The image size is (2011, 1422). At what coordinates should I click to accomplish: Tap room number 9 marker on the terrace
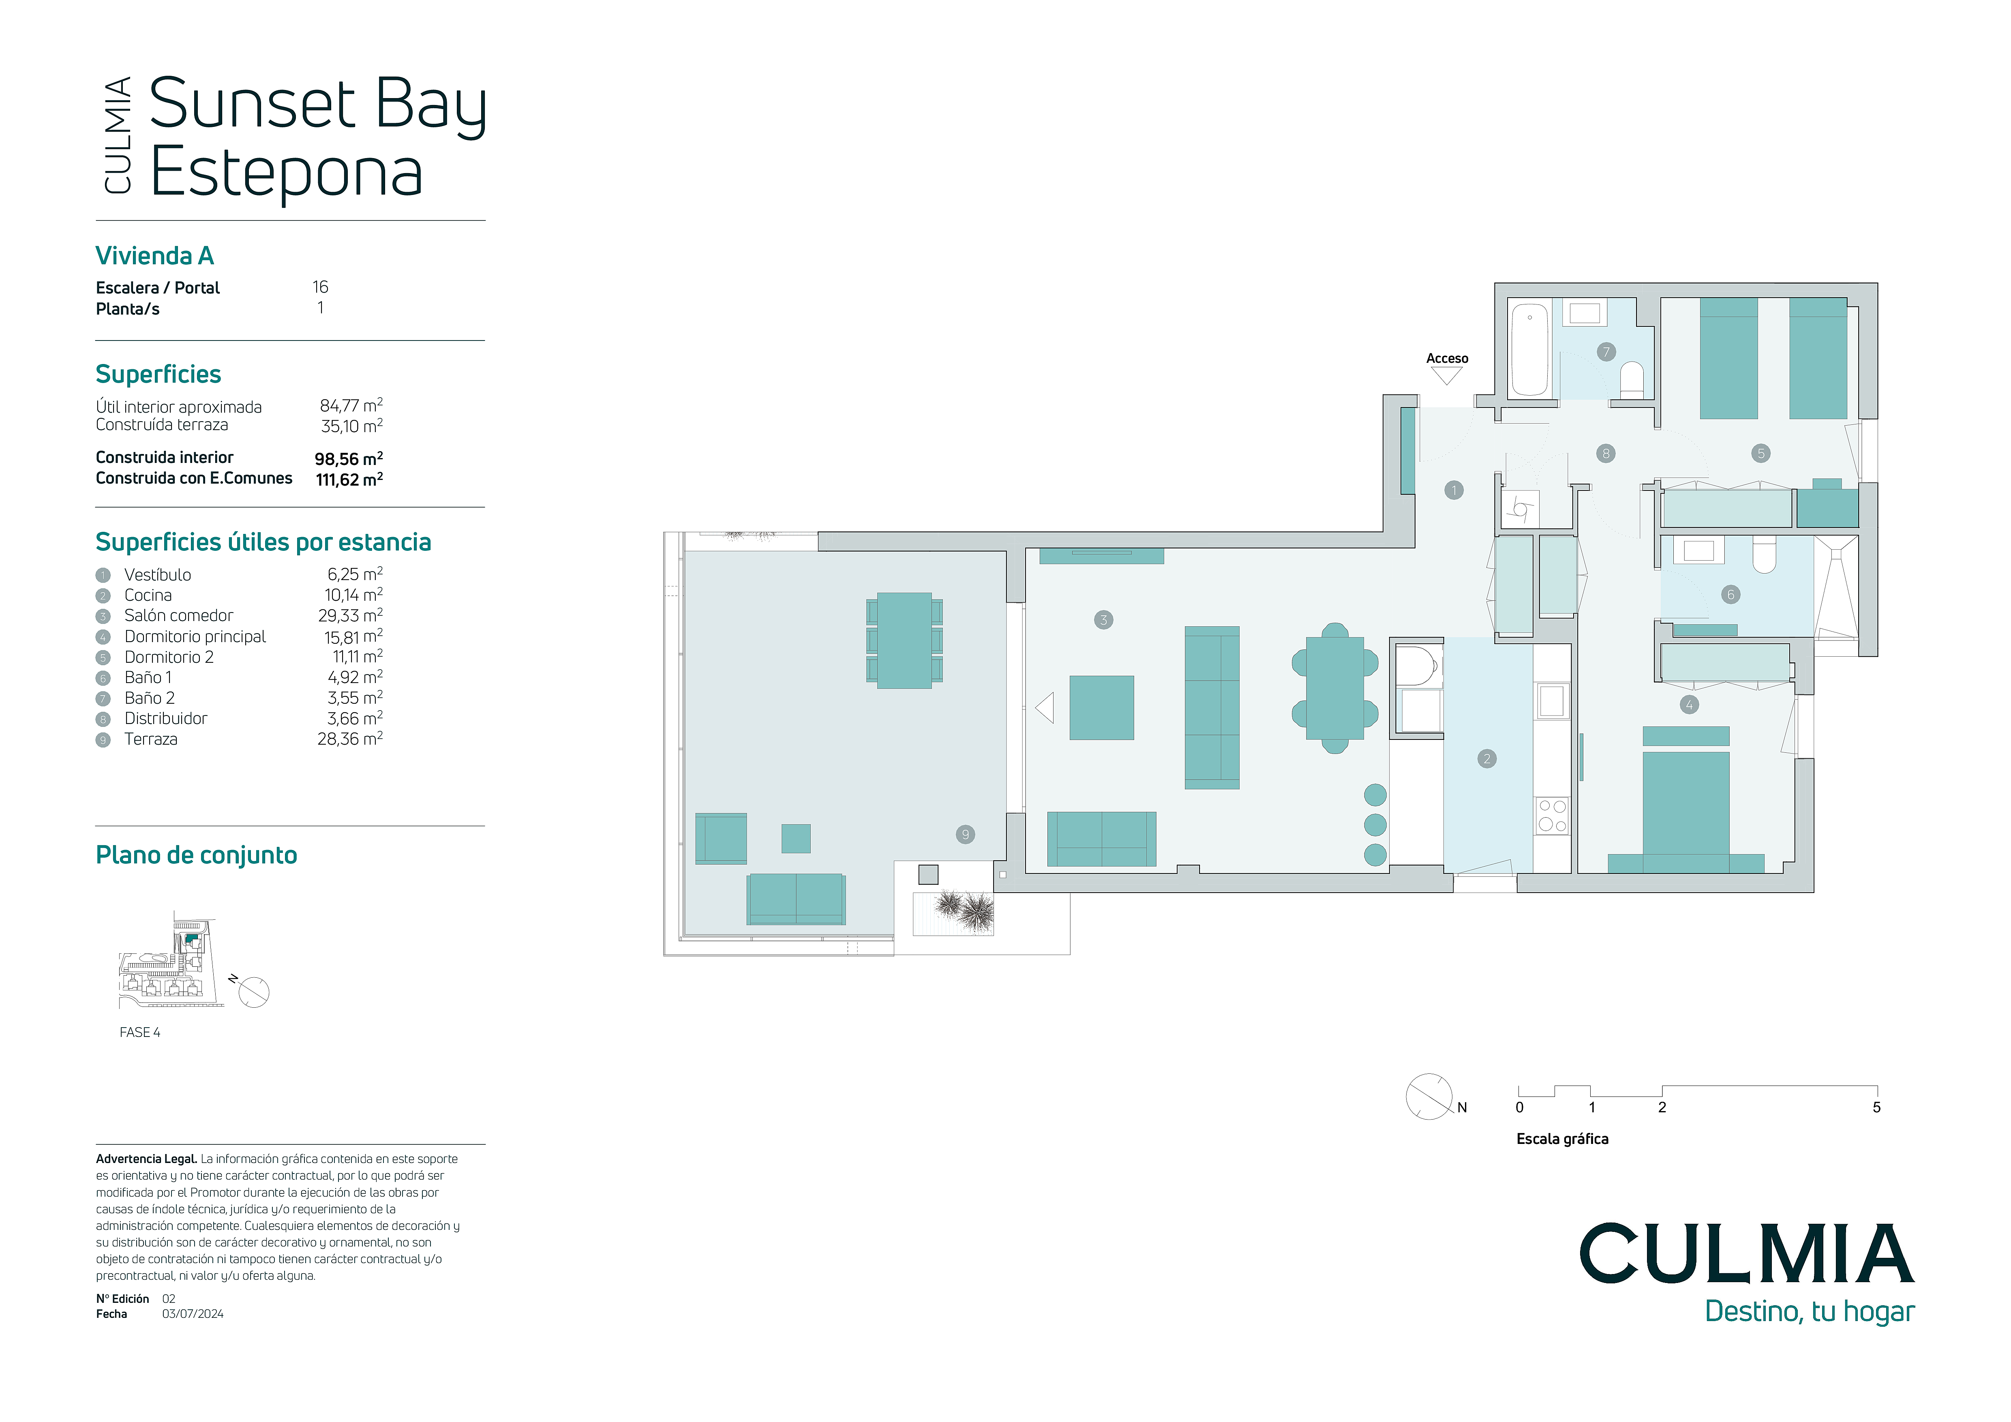coord(965,835)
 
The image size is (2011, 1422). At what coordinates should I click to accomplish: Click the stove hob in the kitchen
coord(1552,815)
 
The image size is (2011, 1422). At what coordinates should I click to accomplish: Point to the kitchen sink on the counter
coord(1552,701)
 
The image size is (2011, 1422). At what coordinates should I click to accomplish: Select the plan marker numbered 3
coord(1103,620)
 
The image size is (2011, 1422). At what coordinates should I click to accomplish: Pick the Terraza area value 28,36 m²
coord(350,738)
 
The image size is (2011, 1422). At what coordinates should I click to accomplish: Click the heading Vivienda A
coord(154,256)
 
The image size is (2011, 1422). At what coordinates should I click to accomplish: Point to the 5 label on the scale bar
coord(1876,1108)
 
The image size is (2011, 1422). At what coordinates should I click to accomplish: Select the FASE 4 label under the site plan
coord(140,1032)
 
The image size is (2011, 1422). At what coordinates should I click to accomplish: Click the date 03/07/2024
coord(193,1313)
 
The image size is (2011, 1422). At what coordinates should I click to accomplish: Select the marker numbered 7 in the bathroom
coord(1606,352)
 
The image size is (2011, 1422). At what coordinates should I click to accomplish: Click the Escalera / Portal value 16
coord(321,287)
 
